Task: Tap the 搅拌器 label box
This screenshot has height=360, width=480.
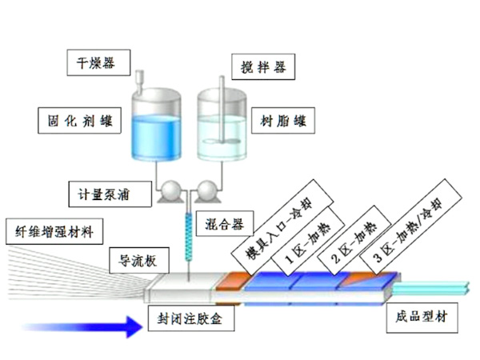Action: pos(260,63)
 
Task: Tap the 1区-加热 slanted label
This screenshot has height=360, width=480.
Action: pos(306,241)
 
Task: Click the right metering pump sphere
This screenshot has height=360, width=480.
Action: pos(206,190)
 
